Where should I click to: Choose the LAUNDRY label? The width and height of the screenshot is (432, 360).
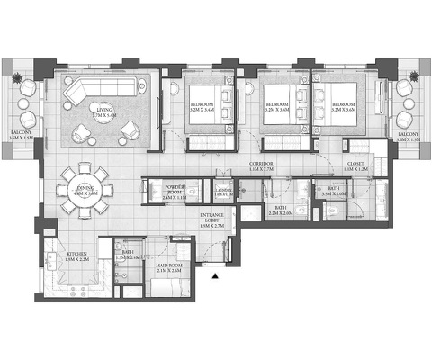(224, 193)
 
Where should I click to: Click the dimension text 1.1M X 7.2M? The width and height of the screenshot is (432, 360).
(262, 169)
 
